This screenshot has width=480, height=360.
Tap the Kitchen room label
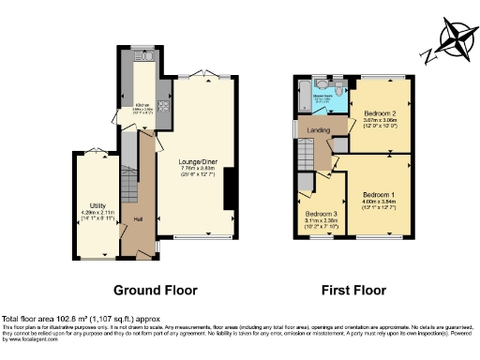pyautogui.click(x=142, y=104)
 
